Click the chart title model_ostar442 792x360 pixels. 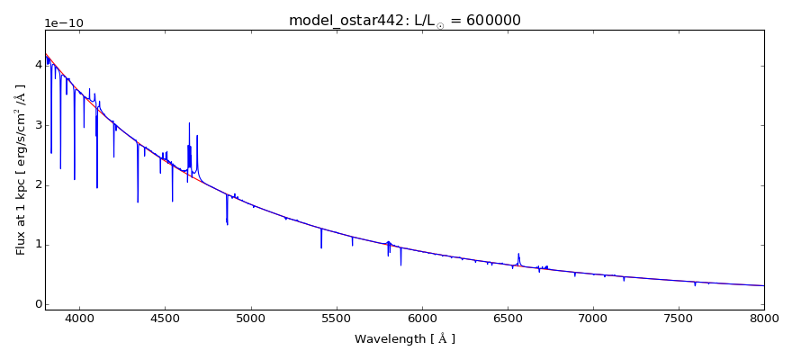(x=404, y=20)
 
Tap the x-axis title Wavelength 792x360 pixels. (x=404, y=339)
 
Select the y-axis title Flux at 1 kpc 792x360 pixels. (x=21, y=169)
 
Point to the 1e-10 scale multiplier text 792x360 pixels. (x=62, y=22)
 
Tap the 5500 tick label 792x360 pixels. (x=336, y=318)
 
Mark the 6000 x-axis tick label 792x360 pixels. (x=422, y=318)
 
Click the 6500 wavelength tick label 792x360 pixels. (x=508, y=318)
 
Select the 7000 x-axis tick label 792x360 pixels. (x=593, y=318)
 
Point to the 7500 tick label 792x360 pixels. (x=679, y=318)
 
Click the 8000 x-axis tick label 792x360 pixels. (x=764, y=318)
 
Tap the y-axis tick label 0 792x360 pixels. (x=37, y=304)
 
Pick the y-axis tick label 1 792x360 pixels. (x=37, y=244)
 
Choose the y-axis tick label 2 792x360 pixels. (x=37, y=184)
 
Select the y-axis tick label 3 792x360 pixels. (x=37, y=124)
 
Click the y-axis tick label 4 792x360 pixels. (x=37, y=65)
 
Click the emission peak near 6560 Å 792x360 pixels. (x=518, y=254)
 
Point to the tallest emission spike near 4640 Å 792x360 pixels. (x=189, y=123)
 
